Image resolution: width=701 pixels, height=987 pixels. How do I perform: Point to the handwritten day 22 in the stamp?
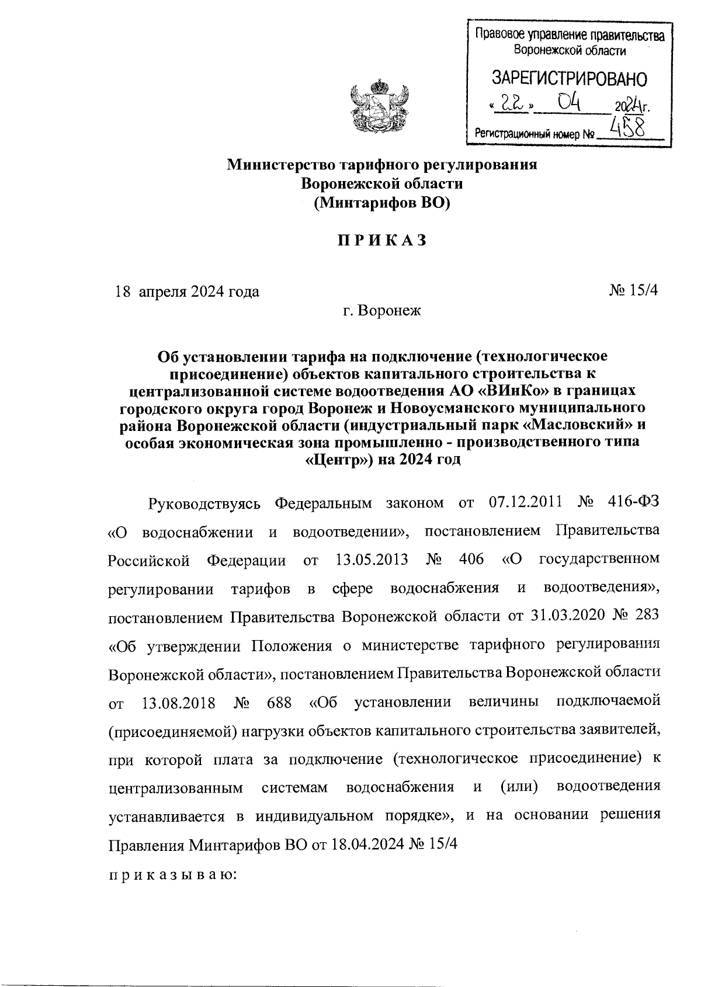511,104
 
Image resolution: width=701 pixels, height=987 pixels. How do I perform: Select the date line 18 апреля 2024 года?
188,291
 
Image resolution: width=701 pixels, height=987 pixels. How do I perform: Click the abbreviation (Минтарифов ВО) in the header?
382,203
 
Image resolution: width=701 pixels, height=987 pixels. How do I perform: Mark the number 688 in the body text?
279,701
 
